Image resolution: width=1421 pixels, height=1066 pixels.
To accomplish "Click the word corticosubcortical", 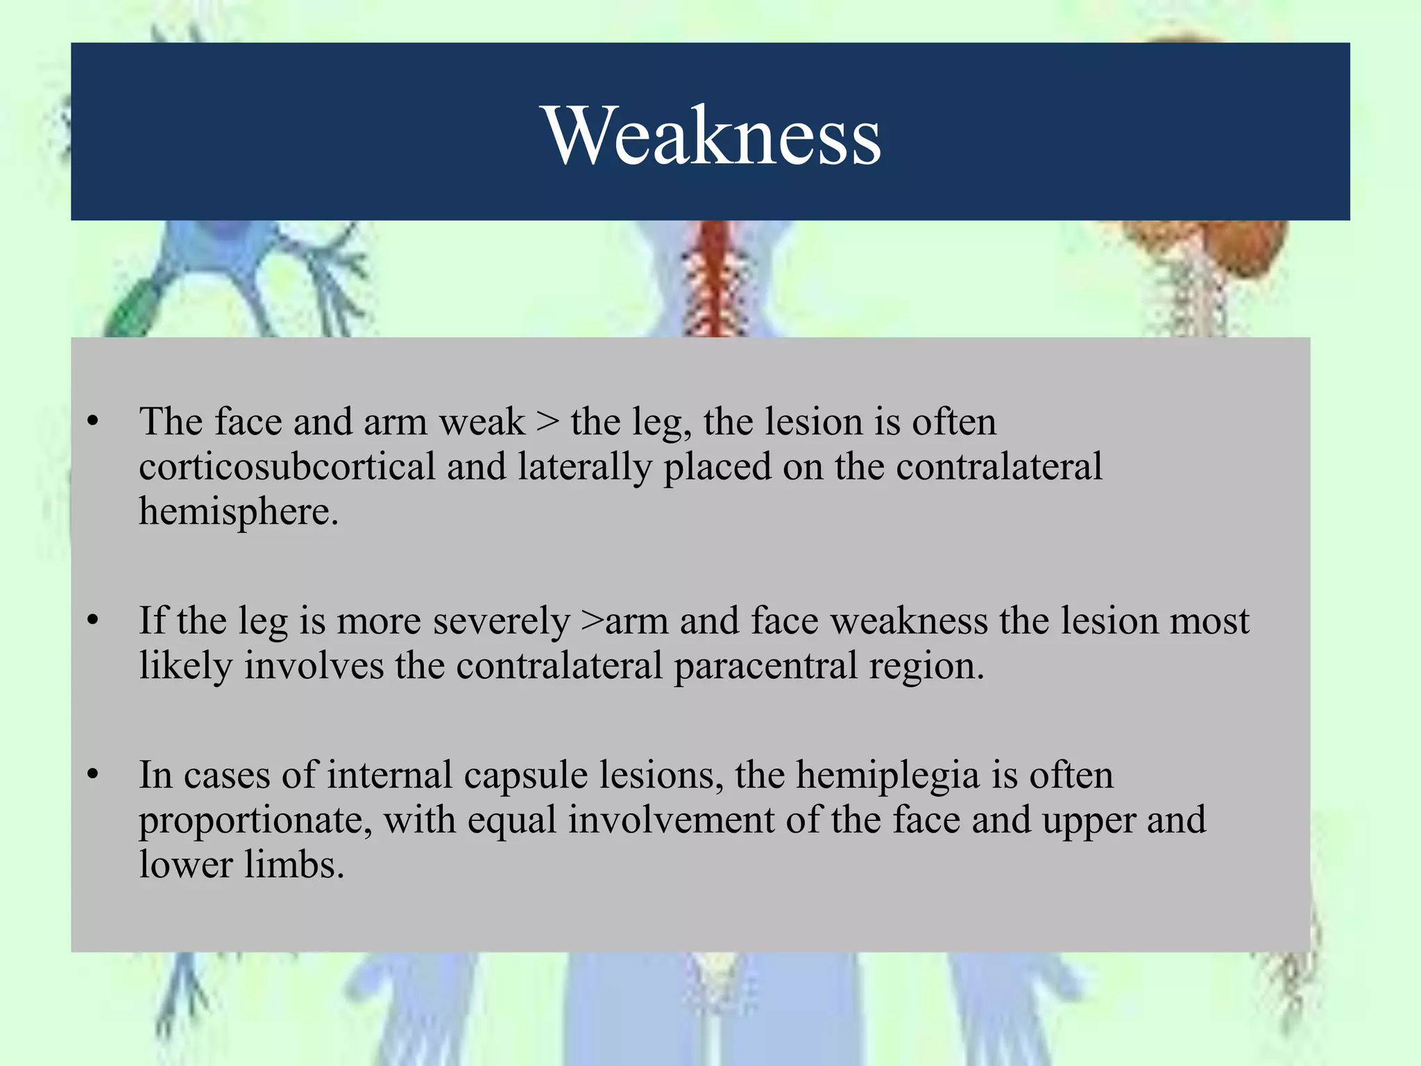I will pyautogui.click(x=287, y=466).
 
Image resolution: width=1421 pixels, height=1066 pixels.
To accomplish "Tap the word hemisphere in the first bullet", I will pyautogui.click(x=238, y=511).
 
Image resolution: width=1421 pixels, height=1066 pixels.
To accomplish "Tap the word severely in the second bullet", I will pyautogui.click(x=501, y=621).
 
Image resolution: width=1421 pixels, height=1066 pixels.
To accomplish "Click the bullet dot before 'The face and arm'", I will pyautogui.click(x=94, y=421).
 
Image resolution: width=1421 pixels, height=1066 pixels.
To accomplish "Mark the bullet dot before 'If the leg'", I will pyautogui.click(x=94, y=620).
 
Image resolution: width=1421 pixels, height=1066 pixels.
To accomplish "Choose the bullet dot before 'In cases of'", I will pyautogui.click(x=94, y=775).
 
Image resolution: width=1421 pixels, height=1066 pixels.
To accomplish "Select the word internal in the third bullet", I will pyautogui.click(x=389, y=775).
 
